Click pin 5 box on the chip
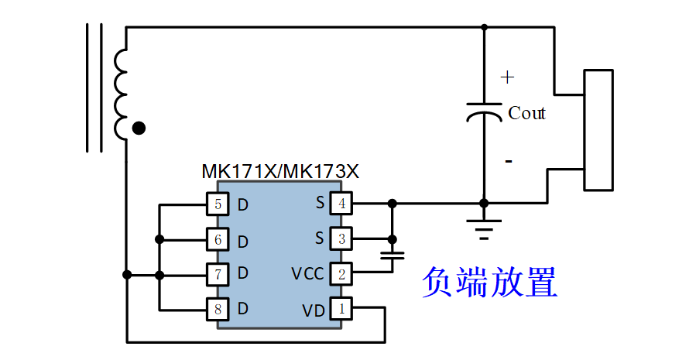tap(218, 204)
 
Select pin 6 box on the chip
tap(218, 240)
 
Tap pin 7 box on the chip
tap(218, 274)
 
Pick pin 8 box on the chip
tap(218, 309)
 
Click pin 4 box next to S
tap(341, 204)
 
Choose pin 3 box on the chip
tap(341, 238)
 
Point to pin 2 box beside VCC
tap(341, 274)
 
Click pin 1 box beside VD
tap(341, 308)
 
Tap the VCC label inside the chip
tap(307, 274)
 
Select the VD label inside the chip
tap(314, 310)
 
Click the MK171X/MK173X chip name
tap(280, 171)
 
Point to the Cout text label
tap(527, 113)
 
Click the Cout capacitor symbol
tap(485, 111)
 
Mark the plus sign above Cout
tap(507, 77)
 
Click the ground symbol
tap(485, 229)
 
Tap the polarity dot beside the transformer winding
tap(139, 129)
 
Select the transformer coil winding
tap(121, 94)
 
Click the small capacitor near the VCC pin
tap(393, 255)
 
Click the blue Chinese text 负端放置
tap(489, 282)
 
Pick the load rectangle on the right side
tap(598, 130)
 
